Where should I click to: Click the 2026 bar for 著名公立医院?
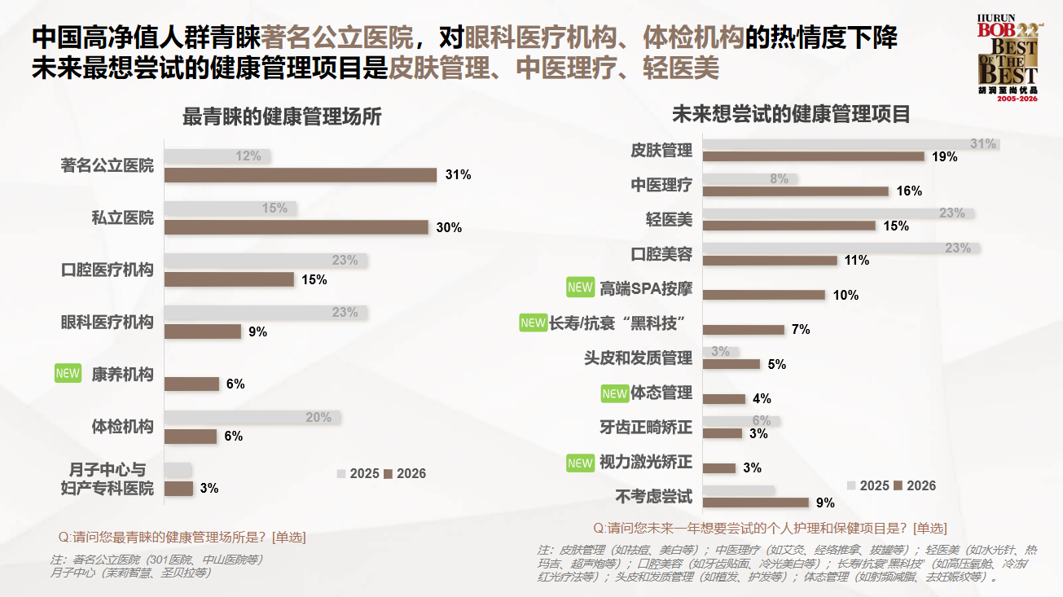point(301,175)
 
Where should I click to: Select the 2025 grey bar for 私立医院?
point(231,209)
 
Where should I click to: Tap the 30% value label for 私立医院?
point(449,227)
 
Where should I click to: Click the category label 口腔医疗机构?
point(108,270)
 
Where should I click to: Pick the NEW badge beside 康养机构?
point(68,374)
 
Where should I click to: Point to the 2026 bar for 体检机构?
point(191,437)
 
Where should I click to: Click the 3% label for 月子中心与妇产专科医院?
point(209,489)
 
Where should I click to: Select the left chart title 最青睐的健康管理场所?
point(282,117)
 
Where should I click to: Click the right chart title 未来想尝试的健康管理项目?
point(791,114)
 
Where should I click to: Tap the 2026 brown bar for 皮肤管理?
point(813,156)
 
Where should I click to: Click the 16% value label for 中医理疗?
point(909,191)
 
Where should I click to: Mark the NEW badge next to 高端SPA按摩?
point(580,288)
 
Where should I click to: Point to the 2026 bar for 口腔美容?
point(770,261)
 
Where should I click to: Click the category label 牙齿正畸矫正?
point(646,427)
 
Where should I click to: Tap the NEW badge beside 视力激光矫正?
point(580,463)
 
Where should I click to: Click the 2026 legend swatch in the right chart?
point(898,485)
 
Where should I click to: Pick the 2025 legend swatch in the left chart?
point(341,473)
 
